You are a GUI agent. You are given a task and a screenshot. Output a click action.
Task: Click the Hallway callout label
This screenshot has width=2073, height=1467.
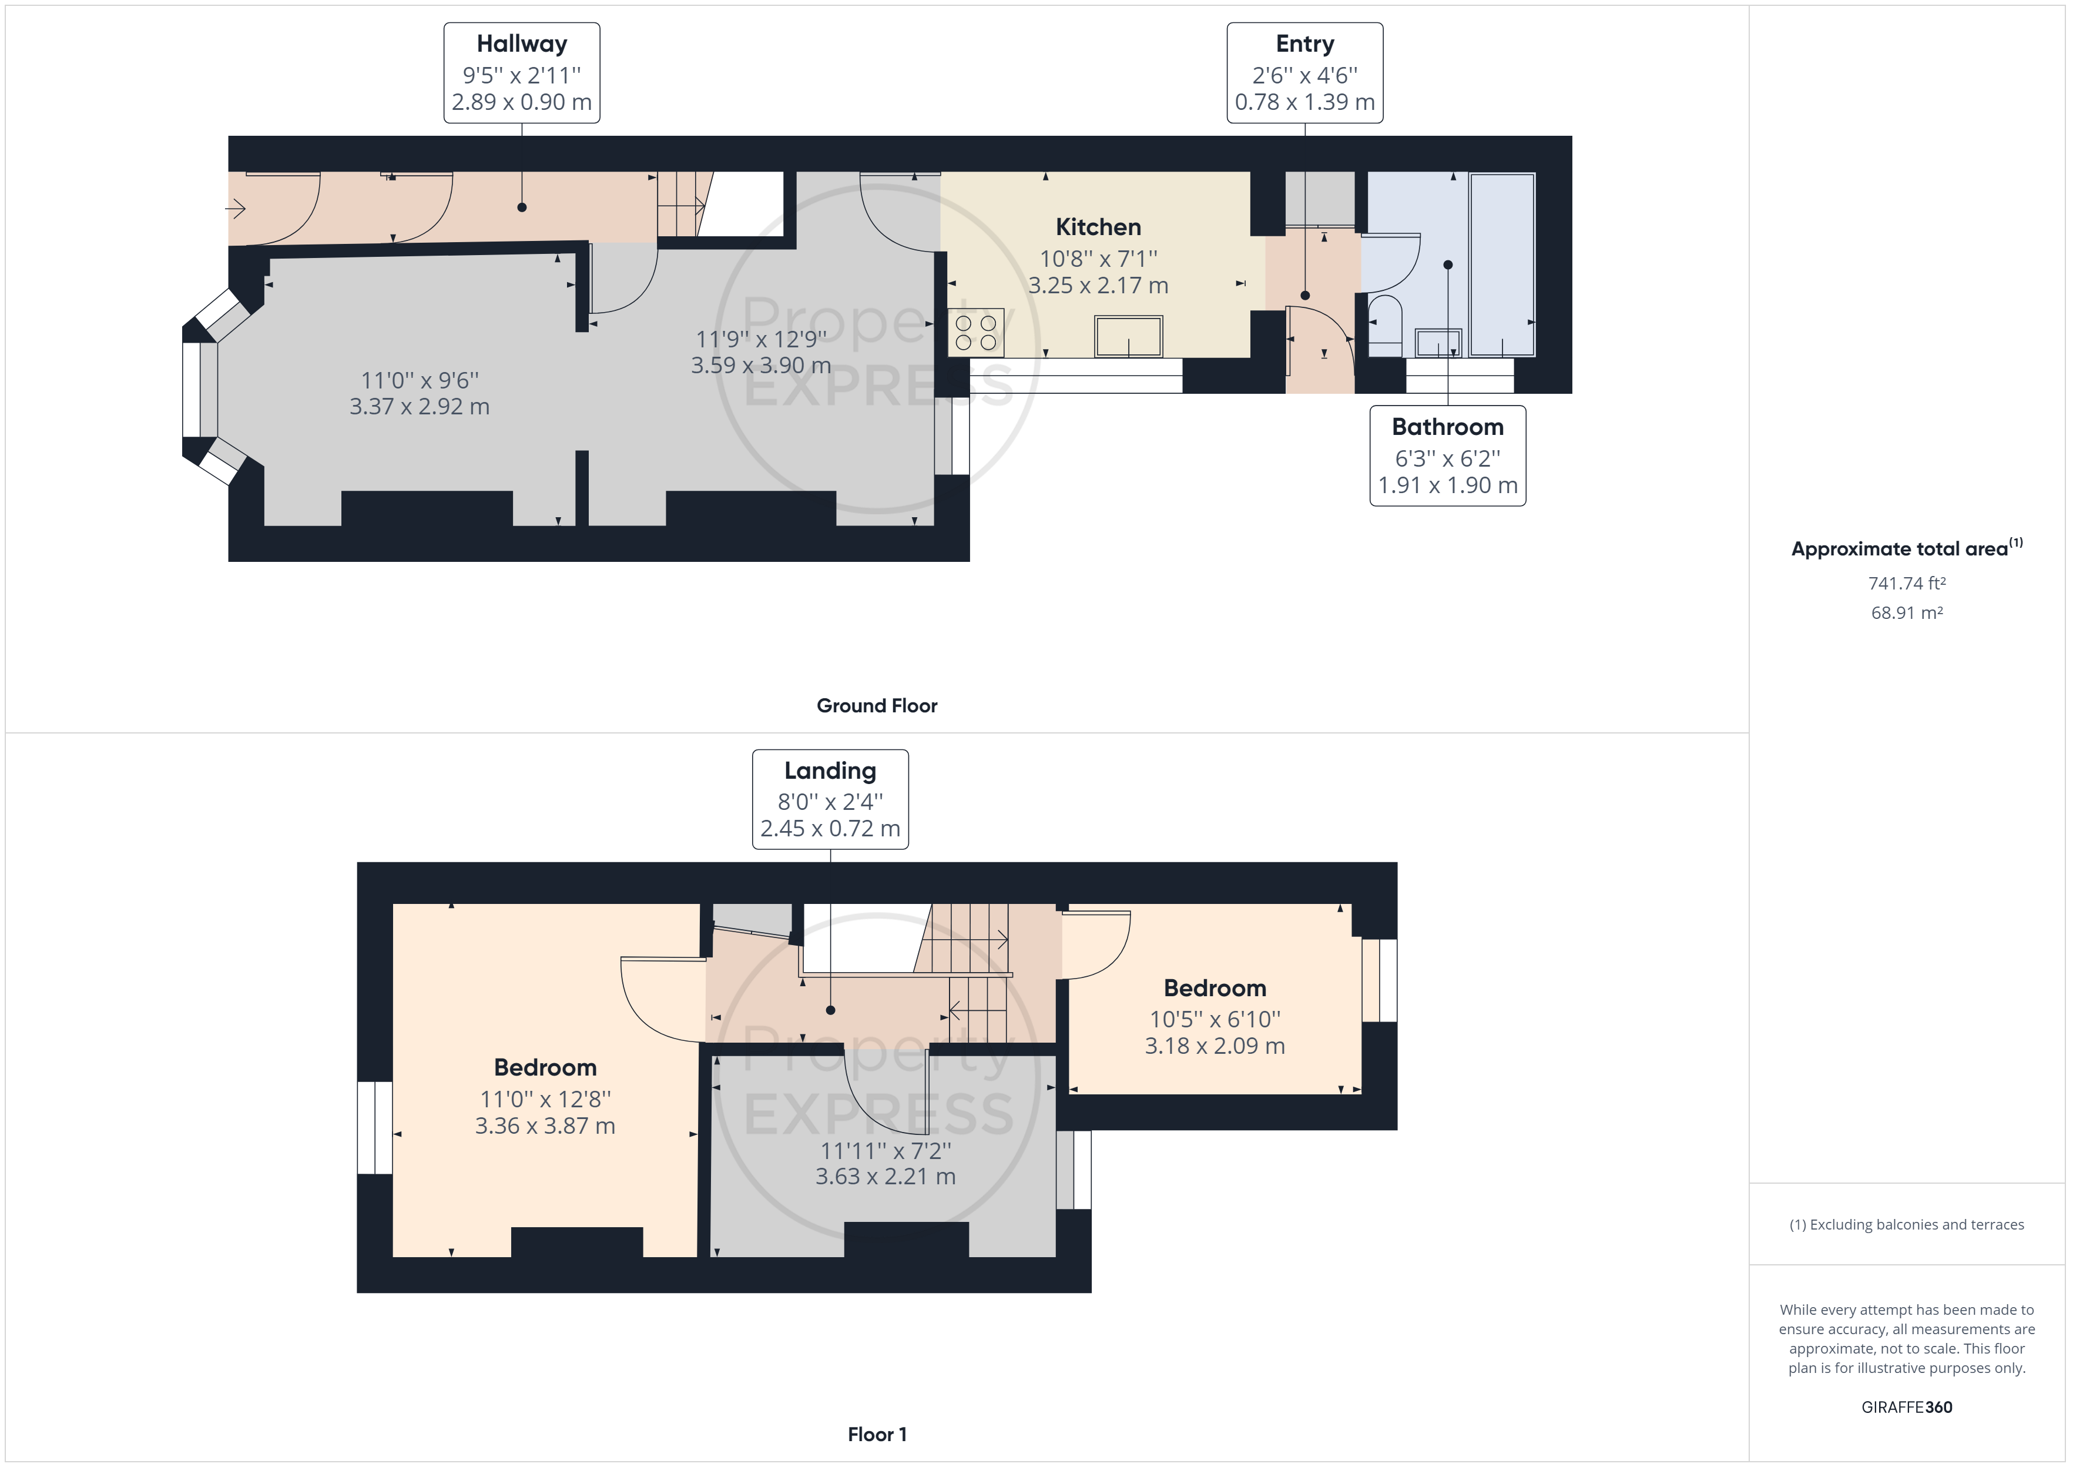pyautogui.click(x=522, y=73)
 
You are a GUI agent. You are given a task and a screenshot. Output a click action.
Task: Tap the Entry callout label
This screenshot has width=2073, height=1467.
pyautogui.click(x=1304, y=73)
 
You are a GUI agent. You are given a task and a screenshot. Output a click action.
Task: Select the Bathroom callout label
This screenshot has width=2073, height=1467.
pyautogui.click(x=1447, y=456)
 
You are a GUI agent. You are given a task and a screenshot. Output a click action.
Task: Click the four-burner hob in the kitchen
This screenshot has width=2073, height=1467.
pyautogui.click(x=975, y=333)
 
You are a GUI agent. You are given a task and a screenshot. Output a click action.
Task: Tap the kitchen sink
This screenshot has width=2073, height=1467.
pyautogui.click(x=1129, y=336)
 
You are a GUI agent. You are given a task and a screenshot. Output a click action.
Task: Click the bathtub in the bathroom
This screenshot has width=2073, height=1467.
pyautogui.click(x=1501, y=264)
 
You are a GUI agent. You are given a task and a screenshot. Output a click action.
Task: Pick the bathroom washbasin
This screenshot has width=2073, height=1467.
pyautogui.click(x=1438, y=343)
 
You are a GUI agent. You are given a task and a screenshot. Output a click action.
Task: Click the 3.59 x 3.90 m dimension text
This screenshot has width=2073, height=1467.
pyautogui.click(x=761, y=365)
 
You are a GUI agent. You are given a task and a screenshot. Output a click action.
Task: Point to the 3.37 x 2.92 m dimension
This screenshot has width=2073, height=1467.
pyautogui.click(x=420, y=407)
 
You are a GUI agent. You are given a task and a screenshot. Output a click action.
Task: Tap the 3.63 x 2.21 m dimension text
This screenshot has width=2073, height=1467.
pyautogui.click(x=885, y=1176)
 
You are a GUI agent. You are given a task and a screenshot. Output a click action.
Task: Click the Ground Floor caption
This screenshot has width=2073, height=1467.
pyautogui.click(x=877, y=705)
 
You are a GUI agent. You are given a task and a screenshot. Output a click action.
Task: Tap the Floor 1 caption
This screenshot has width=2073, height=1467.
pyautogui.click(x=877, y=1433)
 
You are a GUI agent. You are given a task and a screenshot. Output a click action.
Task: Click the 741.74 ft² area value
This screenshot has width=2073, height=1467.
pyautogui.click(x=1907, y=584)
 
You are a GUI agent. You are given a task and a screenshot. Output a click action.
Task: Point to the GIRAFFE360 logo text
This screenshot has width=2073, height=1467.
pyautogui.click(x=1907, y=1406)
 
